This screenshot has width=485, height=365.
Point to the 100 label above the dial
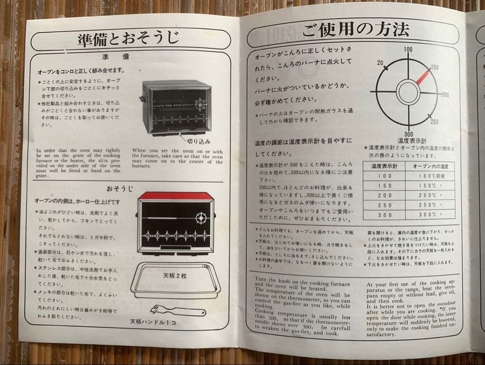tap(408, 49)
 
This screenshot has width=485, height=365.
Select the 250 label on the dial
tap(434, 122)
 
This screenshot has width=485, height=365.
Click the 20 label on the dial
tap(380, 63)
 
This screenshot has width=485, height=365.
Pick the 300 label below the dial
tap(408, 134)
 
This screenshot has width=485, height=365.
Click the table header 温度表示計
tap(384, 166)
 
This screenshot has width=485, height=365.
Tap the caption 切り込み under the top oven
tap(198, 141)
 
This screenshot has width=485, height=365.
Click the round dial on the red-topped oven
tap(200, 219)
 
